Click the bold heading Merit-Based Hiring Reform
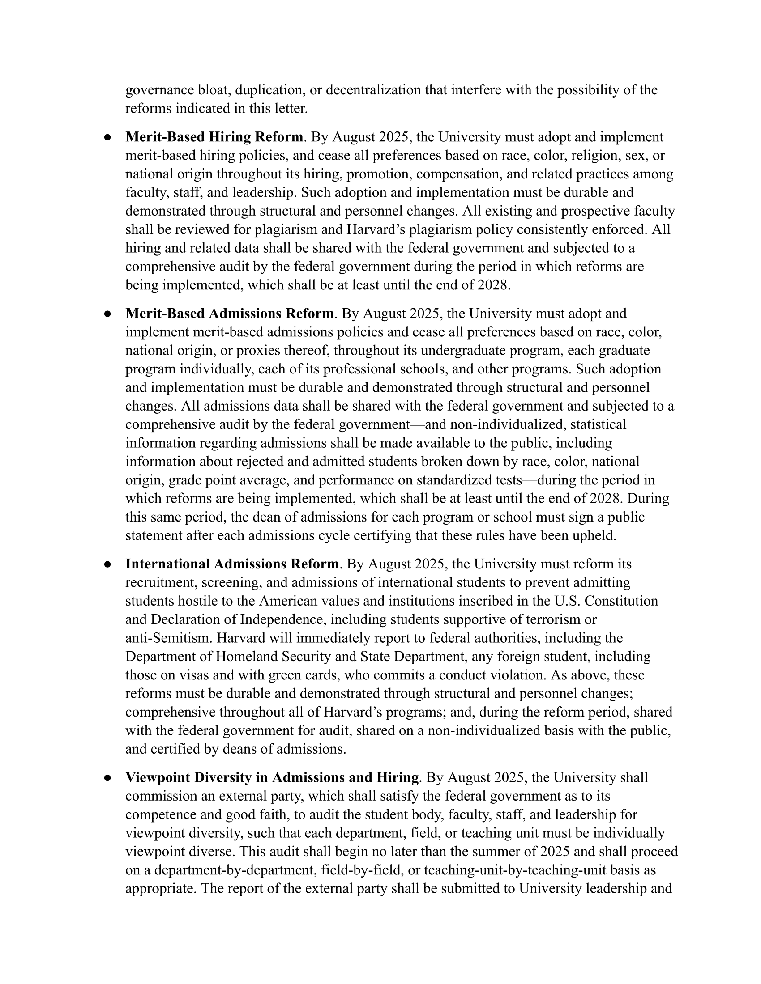(x=214, y=137)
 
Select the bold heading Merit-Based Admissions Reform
(x=230, y=313)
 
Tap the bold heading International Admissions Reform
(x=232, y=564)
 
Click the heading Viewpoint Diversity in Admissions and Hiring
(x=272, y=778)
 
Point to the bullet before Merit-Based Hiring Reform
(x=107, y=137)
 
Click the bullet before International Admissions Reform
(x=107, y=564)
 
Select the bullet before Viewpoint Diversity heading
(x=107, y=778)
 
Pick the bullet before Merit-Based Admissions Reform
(x=107, y=314)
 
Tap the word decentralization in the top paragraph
(x=373, y=90)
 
